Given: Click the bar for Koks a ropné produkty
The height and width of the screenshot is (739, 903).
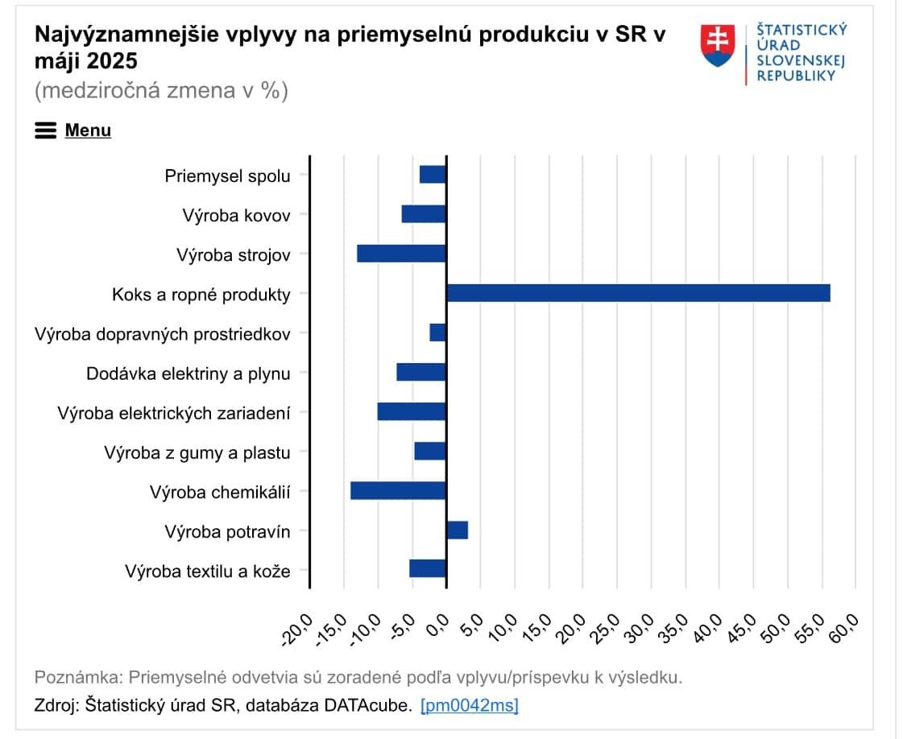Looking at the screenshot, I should pyautogui.click(x=638, y=293).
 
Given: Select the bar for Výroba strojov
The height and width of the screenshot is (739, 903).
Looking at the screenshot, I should pyautogui.click(x=401, y=254).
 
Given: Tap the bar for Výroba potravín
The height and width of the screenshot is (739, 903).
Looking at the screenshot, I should pyautogui.click(x=457, y=530).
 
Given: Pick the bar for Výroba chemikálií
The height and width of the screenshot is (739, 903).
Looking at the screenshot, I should pyautogui.click(x=398, y=490).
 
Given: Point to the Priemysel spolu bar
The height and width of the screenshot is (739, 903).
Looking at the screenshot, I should pyautogui.click(x=433, y=175).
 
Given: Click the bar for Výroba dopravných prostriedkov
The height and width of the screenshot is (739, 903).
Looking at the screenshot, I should pyautogui.click(x=437, y=332).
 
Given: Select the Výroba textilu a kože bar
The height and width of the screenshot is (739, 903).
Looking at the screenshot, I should pyautogui.click(x=427, y=568).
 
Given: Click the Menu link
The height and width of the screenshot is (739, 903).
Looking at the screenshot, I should pyautogui.click(x=88, y=130).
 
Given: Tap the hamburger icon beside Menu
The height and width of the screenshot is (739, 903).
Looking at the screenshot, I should pyautogui.click(x=46, y=130).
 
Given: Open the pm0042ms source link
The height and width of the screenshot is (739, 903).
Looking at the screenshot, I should pyautogui.click(x=470, y=706).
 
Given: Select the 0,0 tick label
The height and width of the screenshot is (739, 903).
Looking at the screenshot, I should pyautogui.click(x=440, y=625).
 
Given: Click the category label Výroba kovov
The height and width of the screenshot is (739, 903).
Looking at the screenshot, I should pyautogui.click(x=236, y=216).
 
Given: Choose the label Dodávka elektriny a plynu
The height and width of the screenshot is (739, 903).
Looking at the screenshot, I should pyautogui.click(x=188, y=374).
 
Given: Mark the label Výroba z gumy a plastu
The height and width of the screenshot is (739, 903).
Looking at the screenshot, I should pyautogui.click(x=197, y=452).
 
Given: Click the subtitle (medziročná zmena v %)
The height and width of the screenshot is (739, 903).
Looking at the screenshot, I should pyautogui.click(x=161, y=90).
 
